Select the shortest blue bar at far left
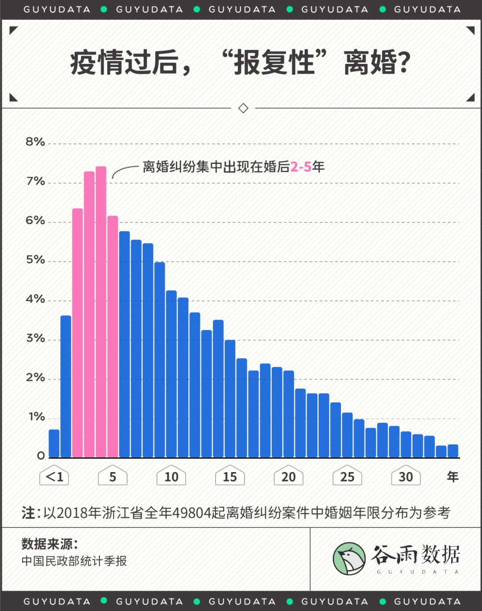[54, 443]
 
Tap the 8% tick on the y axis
[35, 142]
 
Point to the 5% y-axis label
[35, 260]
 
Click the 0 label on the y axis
[41, 456]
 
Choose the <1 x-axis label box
[54, 477]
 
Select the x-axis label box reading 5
[112, 477]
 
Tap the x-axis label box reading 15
[230, 477]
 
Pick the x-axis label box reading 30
[406, 477]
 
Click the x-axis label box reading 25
[347, 477]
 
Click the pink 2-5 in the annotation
[301, 167]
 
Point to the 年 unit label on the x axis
[453, 477]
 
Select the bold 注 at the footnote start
[28, 513]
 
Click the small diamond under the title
[243, 108]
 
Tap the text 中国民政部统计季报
[74, 561]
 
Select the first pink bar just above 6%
[78, 333]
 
